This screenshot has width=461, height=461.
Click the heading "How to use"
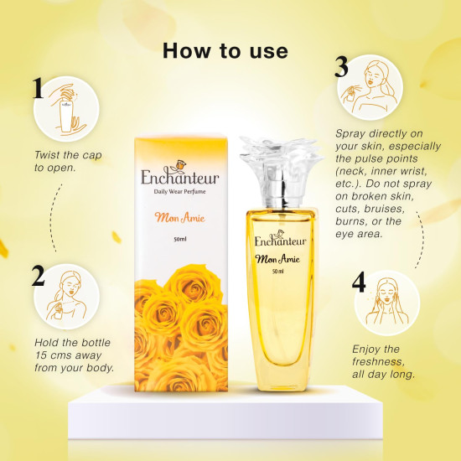point(225,50)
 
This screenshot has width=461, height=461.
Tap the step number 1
point(38,89)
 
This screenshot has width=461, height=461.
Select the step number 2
point(38,275)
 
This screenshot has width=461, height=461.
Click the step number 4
point(359,282)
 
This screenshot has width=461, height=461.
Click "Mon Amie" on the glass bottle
point(277,256)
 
